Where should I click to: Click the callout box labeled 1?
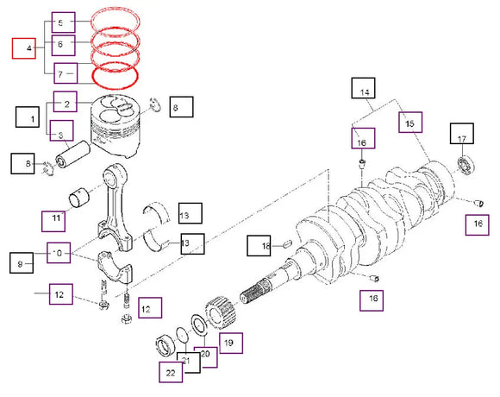pos(32,116)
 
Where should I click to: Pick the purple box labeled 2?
pos(66,103)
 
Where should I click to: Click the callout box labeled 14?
pos(364,91)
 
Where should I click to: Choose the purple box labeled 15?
pos(409,123)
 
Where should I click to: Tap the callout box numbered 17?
pos(461,137)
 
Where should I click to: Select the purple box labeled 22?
pos(170,373)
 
